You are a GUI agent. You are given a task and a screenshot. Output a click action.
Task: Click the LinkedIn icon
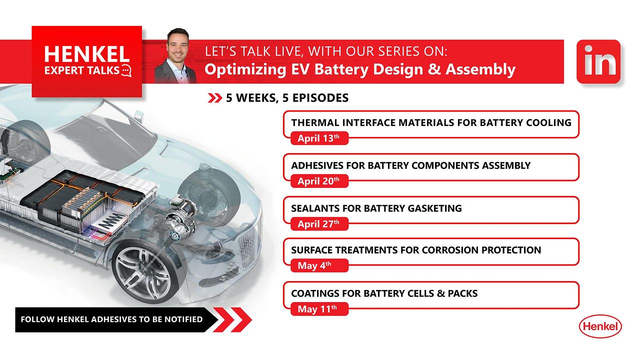598,62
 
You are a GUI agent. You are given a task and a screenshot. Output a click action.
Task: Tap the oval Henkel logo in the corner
600,327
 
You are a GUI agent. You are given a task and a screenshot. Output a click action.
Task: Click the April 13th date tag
318,138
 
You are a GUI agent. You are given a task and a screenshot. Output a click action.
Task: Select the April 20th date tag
318,181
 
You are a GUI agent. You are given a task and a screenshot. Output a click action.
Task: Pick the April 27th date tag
318,224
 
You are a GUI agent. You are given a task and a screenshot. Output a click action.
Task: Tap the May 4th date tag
318,266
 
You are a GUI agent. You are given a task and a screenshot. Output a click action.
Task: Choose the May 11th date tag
318,309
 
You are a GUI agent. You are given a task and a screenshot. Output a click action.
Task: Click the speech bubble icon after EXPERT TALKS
126,70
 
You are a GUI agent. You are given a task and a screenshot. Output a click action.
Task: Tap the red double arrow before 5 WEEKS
214,98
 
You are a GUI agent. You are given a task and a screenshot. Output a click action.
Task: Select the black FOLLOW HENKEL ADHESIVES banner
115,319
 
